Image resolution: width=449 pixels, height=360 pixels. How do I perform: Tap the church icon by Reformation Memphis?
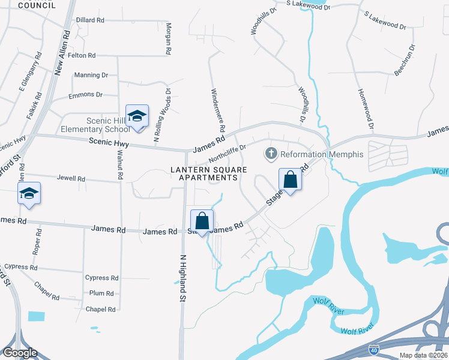(271, 154)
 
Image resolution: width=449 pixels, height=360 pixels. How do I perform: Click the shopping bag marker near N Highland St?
(202, 220)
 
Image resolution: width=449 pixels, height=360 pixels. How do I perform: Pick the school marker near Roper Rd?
(29, 194)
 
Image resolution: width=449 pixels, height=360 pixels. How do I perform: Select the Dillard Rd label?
(90, 20)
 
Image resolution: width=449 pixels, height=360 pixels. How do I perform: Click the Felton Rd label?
(82, 55)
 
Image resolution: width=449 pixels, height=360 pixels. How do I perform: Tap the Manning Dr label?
(91, 75)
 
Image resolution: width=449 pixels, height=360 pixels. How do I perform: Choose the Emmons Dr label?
(86, 94)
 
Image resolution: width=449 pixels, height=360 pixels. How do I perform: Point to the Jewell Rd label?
(71, 179)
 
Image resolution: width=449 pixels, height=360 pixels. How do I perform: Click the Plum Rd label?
(101, 293)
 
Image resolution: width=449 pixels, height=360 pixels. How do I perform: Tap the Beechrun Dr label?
(405, 60)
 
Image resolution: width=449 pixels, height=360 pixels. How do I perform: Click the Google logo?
(19, 353)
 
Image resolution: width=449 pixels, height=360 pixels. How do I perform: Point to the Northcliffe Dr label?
(228, 154)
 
